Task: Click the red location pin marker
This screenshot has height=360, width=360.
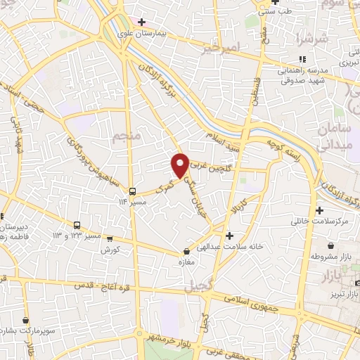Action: click(x=180, y=165)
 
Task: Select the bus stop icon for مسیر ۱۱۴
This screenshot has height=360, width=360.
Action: click(x=131, y=191)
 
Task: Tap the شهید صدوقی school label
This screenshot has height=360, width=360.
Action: click(x=302, y=81)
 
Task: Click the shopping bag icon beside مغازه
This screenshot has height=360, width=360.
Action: click(x=186, y=251)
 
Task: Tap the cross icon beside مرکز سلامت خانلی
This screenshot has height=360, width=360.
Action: click(x=320, y=210)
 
